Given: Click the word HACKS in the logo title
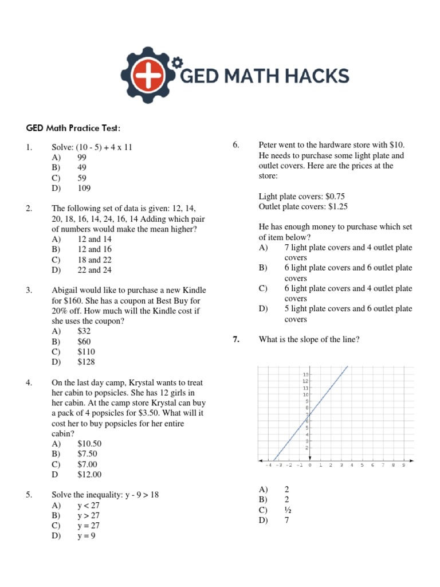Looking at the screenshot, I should pos(315,76).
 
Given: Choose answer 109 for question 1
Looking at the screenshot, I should pos(84,189).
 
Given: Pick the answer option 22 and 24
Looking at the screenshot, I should pos(95,270).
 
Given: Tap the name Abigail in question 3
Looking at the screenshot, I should pos(66,291).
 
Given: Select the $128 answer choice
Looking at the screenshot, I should pos(87,362).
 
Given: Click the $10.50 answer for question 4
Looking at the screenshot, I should pos(89,444).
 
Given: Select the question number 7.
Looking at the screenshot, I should pos(236,340).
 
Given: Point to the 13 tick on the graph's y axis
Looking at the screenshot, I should pos(305,374).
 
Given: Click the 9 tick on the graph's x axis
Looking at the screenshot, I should pos(403,465).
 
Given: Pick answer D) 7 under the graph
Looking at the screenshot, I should pos(286,520).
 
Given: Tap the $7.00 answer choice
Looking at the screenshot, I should pos(87,464).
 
